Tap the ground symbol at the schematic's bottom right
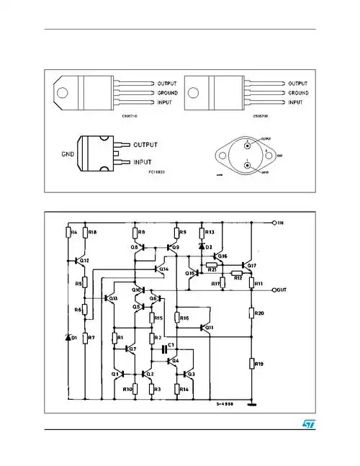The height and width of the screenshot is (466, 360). tap(251, 405)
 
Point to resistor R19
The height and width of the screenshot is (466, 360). tap(252, 364)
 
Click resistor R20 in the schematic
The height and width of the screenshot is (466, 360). tap(252, 313)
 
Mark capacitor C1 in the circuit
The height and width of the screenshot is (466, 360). tap(166, 348)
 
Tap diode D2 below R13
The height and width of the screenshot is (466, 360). tap(202, 247)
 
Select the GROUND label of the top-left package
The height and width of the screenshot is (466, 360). tap(172, 93)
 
